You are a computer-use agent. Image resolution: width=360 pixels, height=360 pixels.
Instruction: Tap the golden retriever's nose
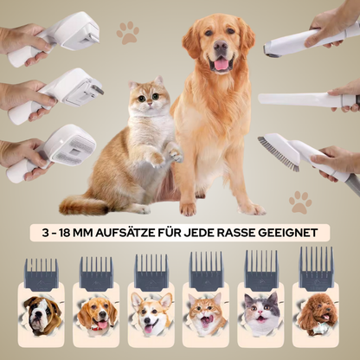(x=222, y=45)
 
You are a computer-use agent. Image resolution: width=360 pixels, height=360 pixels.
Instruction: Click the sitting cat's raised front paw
(x=176, y=153)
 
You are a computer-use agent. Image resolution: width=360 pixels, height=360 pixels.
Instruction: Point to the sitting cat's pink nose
(x=150, y=103)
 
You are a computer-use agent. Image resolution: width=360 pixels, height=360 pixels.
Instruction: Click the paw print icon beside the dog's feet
(x=300, y=202)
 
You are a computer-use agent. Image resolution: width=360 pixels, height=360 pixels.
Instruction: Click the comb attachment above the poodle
(x=317, y=267)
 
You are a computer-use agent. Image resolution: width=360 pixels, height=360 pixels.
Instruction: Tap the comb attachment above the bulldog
(x=42, y=274)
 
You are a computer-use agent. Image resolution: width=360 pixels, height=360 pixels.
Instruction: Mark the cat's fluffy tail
(x=80, y=205)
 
